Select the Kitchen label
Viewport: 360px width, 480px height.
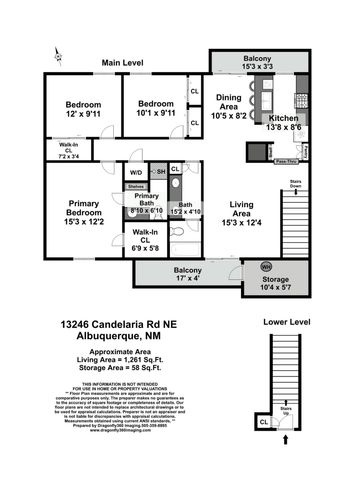284,124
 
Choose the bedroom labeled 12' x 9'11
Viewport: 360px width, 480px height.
81,110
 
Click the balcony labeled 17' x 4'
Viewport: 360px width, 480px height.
189,277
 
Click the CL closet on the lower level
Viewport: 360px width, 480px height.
263,422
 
